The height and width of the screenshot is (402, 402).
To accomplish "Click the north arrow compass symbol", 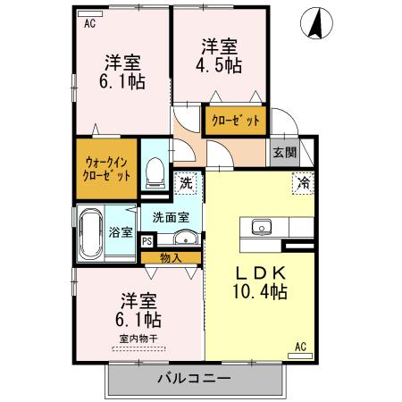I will (x=314, y=23).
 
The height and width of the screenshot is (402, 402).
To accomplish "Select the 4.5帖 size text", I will (x=220, y=66).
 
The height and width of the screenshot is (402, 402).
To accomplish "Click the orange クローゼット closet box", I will (x=236, y=119).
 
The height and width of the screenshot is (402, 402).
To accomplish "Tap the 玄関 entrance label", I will (x=284, y=152).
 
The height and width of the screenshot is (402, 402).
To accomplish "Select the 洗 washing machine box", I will (x=186, y=182).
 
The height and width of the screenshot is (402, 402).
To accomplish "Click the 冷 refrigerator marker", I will (x=304, y=183).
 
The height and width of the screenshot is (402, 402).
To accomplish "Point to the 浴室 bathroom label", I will (x=121, y=232).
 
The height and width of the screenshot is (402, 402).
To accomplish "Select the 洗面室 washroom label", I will (x=170, y=217).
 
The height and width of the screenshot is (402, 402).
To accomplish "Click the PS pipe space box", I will (x=147, y=240).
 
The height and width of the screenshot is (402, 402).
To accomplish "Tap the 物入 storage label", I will (x=170, y=257).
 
